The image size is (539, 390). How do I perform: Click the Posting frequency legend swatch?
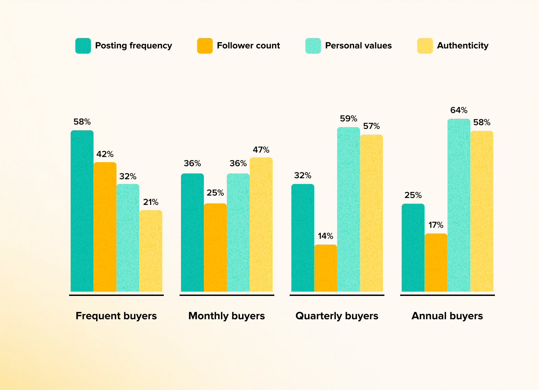click(x=83, y=46)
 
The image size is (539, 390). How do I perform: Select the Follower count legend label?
click(x=248, y=45)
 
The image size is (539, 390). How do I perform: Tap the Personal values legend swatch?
click(x=313, y=46)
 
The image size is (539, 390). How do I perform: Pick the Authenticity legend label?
click(x=462, y=45)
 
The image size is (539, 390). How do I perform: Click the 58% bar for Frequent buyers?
click(x=82, y=211)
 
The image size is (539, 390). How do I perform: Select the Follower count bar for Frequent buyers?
click(x=105, y=227)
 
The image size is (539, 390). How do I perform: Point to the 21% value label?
click(x=151, y=202)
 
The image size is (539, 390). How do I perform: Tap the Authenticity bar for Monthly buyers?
click(x=261, y=224)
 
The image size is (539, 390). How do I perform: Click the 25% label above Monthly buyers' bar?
click(x=215, y=193)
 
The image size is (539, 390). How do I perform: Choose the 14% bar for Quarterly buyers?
click(x=326, y=268)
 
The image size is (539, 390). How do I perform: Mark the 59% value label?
click(x=349, y=119)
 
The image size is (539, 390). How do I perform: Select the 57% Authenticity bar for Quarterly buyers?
click(x=371, y=213)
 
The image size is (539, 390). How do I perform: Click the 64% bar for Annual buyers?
click(x=459, y=205)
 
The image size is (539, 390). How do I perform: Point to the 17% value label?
click(x=436, y=225)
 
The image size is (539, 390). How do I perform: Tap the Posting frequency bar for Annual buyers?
click(x=413, y=248)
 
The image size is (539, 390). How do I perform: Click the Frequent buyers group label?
click(x=116, y=316)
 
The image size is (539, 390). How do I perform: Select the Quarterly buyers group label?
click(x=337, y=316)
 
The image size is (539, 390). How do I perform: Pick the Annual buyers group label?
click(x=447, y=316)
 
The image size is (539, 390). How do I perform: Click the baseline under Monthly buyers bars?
click(x=227, y=295)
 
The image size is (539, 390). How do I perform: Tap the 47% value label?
click(x=261, y=150)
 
